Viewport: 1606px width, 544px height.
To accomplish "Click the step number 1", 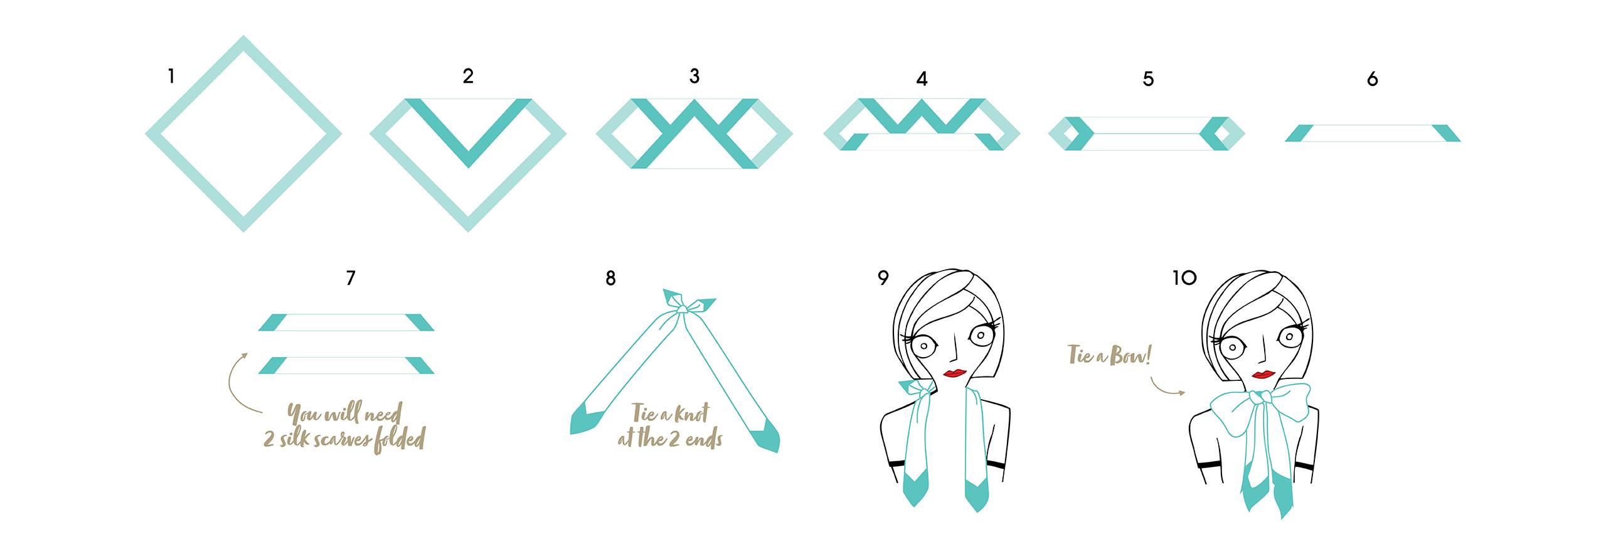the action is click(x=171, y=77).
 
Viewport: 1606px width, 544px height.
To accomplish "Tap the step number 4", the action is click(x=922, y=79).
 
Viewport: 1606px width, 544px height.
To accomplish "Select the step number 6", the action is click(x=1373, y=79).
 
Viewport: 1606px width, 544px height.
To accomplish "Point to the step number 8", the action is click(x=610, y=278).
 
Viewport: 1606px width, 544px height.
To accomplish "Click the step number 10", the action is click(x=1184, y=277).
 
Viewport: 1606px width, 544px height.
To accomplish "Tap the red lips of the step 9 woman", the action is click(x=955, y=373).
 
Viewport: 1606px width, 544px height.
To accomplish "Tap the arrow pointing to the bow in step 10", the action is click(x=1167, y=387).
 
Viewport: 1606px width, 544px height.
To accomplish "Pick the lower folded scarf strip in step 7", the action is click(x=346, y=365).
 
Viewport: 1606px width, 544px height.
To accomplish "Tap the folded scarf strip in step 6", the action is click(x=1373, y=133).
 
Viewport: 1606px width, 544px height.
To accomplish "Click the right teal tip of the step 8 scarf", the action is click(x=766, y=438).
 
